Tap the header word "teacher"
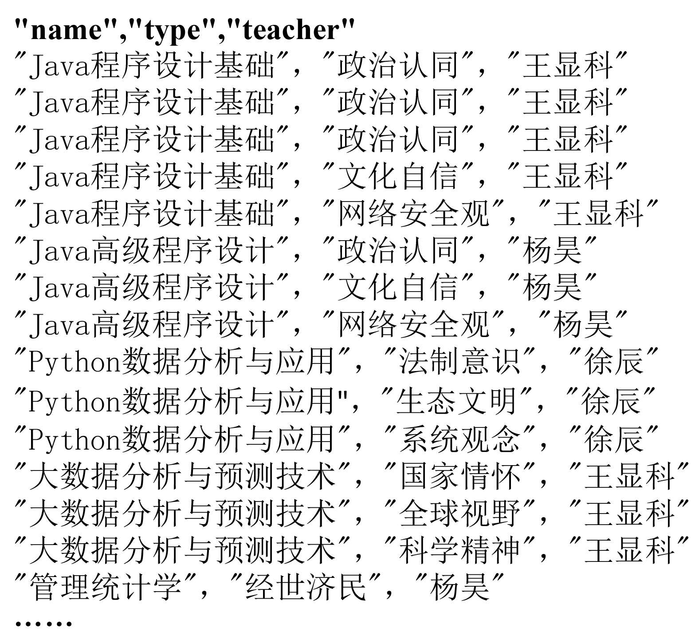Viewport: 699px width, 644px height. coord(292,30)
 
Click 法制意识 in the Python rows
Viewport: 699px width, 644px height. coord(459,362)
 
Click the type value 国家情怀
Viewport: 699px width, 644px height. coord(459,476)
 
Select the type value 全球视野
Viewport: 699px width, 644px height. coord(459,514)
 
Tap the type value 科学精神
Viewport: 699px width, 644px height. coord(459,551)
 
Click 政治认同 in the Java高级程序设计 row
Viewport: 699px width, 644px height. coord(397,251)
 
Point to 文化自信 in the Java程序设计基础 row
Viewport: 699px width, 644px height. coord(397,176)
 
